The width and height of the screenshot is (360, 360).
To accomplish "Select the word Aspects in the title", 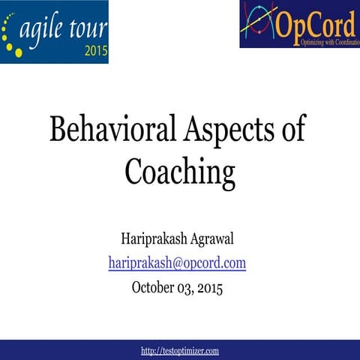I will pos(213,130).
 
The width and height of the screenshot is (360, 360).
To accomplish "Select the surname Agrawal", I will pos(211,240).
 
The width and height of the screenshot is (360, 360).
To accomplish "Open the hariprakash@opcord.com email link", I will pos(177,263).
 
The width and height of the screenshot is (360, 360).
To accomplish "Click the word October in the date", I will pos(155,286).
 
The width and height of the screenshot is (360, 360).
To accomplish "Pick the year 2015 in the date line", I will pos(209,286).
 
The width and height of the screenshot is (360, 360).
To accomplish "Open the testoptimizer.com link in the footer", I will pos(180,350).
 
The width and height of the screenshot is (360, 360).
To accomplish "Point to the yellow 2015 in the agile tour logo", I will pos(95,52).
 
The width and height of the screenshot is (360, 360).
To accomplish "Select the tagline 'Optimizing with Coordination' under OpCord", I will pos(318,42).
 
